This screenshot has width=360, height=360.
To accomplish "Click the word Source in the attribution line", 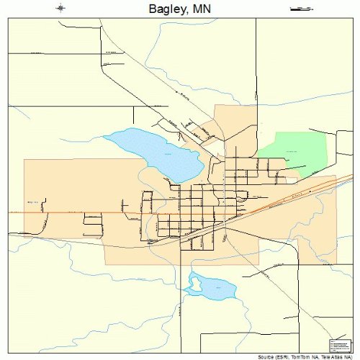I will click(266, 356).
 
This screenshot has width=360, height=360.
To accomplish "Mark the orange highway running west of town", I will click(65, 212).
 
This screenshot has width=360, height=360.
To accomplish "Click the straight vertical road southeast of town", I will click(298, 288).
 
